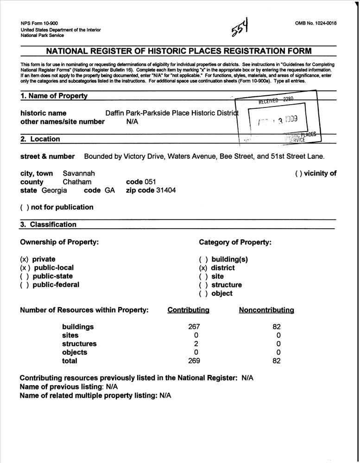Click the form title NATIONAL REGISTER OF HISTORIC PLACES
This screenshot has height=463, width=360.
[x=178, y=51]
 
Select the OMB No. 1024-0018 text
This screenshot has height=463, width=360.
[x=315, y=23]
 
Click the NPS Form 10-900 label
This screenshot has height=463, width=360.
[x=39, y=23]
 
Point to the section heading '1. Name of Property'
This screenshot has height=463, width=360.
[x=54, y=96]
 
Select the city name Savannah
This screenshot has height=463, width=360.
[x=79, y=173]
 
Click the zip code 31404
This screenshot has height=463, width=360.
[x=166, y=190]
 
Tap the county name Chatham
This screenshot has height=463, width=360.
[x=77, y=182]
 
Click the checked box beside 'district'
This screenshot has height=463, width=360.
[x=203, y=268]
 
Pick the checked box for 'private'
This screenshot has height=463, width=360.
[x=25, y=259]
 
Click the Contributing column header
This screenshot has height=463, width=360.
[x=188, y=310]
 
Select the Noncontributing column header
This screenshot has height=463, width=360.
[x=266, y=310]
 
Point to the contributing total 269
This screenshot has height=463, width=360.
[x=195, y=361]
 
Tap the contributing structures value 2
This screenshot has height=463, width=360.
[x=196, y=344]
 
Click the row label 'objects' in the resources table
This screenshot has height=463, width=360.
[x=75, y=352]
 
